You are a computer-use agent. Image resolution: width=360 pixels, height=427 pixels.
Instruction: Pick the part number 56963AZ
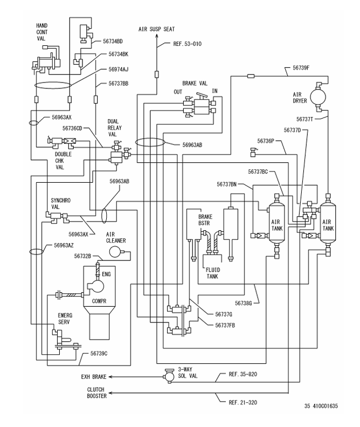click(66, 245)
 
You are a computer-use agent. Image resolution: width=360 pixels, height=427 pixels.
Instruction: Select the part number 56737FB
click(225, 325)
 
